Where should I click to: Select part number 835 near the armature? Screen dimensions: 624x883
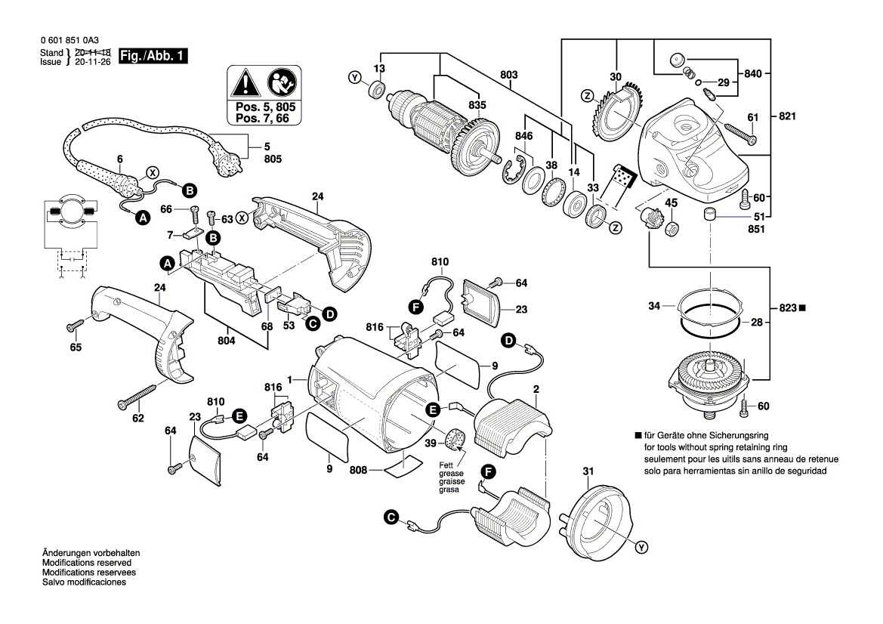click(x=477, y=105)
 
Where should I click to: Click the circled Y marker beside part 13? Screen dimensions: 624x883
click(x=354, y=78)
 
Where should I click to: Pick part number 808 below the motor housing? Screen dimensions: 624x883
click(x=358, y=470)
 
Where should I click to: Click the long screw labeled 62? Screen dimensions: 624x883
click(x=139, y=395)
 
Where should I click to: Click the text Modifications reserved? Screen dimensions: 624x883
click(x=87, y=564)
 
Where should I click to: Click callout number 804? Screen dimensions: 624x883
click(x=226, y=341)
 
